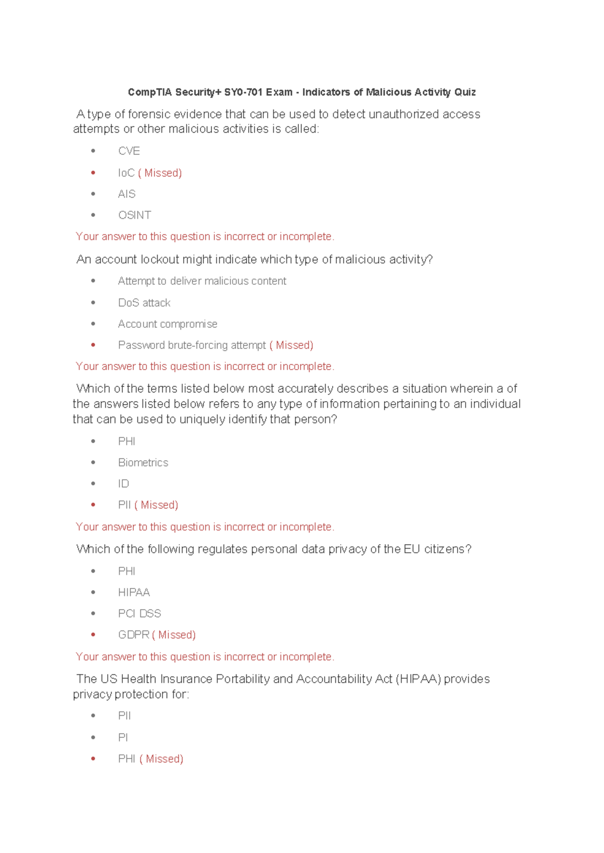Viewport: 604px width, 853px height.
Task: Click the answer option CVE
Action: (129, 151)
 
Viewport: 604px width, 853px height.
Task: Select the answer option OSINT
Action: (134, 215)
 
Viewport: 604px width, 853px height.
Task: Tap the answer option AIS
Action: (127, 194)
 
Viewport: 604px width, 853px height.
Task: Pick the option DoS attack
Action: (144, 303)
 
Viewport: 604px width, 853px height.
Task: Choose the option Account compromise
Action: (168, 324)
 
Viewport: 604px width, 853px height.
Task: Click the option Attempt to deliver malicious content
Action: (202, 281)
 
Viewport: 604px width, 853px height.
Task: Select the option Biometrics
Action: (143, 463)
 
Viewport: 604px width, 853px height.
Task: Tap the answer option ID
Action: (123, 484)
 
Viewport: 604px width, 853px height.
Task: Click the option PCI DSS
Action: (139, 614)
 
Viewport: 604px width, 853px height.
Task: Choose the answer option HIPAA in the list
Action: (134, 592)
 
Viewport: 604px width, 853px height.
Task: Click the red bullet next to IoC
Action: (93, 173)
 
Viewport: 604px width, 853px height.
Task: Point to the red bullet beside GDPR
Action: (93, 635)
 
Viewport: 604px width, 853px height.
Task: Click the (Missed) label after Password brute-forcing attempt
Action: (291, 345)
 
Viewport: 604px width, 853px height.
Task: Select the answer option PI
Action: (123, 738)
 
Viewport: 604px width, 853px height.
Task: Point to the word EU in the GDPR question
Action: (411, 549)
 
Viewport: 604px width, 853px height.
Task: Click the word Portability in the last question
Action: (243, 679)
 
